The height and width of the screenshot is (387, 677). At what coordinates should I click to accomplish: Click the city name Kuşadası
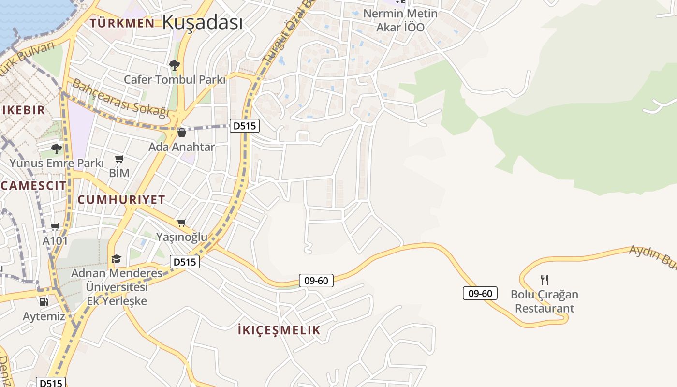[202, 22]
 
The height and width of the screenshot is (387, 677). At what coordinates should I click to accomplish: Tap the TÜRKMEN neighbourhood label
[122, 23]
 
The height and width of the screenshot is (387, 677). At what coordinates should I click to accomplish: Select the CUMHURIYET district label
[121, 199]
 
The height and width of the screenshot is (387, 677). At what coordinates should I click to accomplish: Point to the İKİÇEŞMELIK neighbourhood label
[279, 330]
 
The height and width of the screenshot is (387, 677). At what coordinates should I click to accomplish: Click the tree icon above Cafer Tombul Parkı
[175, 65]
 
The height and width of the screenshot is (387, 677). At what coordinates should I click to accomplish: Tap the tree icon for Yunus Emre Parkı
[57, 149]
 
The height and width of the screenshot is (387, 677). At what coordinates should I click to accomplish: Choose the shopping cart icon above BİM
[119, 159]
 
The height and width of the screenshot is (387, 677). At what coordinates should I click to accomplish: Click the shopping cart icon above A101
[55, 226]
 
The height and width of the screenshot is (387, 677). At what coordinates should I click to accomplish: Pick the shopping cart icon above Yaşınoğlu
[182, 223]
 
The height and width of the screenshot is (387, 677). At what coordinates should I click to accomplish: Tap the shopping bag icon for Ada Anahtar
[182, 132]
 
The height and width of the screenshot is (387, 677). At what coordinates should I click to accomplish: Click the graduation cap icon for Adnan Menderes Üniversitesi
[116, 259]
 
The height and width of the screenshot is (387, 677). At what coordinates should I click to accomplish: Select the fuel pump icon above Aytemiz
[44, 302]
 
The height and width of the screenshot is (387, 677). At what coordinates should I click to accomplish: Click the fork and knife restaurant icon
[545, 280]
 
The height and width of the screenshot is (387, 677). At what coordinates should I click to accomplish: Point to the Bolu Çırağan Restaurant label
[545, 301]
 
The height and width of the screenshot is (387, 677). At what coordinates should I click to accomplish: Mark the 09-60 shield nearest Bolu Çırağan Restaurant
[480, 293]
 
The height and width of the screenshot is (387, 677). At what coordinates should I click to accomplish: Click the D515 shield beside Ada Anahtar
[244, 126]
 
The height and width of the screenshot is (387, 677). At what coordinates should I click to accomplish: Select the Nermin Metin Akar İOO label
[400, 20]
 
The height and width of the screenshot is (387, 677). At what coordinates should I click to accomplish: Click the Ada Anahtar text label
[182, 147]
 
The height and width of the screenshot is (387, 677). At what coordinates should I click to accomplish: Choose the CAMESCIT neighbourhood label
[33, 185]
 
